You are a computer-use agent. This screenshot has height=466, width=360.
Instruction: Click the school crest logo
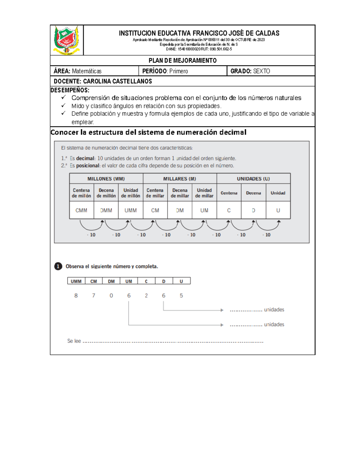point(66,40)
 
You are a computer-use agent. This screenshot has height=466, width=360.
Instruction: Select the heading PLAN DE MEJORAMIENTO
point(182,61)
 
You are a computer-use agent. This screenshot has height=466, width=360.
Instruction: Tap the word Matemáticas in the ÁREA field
point(87,71)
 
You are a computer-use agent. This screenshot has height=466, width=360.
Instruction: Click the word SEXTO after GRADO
point(262,71)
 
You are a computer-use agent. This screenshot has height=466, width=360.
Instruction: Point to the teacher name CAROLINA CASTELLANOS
point(117,81)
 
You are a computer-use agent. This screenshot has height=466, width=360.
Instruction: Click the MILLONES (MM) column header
point(106,179)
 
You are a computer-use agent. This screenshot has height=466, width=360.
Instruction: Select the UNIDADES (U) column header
point(253,179)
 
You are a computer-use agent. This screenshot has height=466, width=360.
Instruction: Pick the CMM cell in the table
point(81,210)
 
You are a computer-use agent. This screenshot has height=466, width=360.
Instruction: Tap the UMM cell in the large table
point(130,210)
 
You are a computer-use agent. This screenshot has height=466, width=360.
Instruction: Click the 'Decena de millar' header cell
point(180,193)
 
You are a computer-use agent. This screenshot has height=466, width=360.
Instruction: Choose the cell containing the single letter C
point(229,210)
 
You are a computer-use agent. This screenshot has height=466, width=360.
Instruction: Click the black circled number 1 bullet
point(58,266)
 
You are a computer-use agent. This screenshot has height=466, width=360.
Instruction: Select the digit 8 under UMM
point(76,296)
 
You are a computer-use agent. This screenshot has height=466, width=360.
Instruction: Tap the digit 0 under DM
point(111,296)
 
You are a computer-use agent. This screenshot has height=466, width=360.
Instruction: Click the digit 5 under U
point(181,296)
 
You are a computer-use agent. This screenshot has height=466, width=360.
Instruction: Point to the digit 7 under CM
point(94,296)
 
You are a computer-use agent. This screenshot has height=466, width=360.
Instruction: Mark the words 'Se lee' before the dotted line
point(74,341)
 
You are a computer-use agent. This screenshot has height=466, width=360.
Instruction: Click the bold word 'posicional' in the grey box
point(87,166)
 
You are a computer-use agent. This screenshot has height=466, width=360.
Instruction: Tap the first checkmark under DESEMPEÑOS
point(63,98)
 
